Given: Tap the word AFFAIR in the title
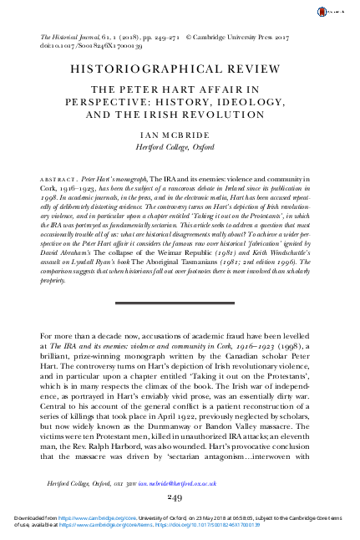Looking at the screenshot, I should [x=233, y=95].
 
